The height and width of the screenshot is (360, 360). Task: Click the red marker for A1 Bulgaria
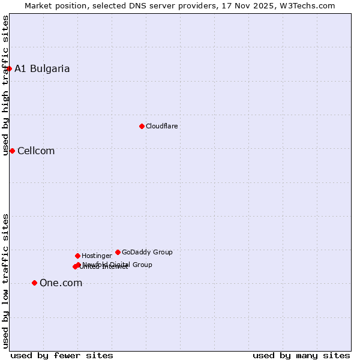(9, 68)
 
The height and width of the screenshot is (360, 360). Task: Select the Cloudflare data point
(142, 126)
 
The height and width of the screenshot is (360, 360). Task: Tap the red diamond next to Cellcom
(12, 151)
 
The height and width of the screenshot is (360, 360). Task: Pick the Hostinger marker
(77, 256)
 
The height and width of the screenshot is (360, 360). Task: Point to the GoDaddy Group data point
(118, 252)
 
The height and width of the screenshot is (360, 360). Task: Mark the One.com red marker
(34, 283)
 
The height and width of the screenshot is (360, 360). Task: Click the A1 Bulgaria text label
(42, 68)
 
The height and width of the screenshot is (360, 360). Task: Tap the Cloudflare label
(162, 126)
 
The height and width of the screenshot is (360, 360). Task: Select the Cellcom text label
(36, 151)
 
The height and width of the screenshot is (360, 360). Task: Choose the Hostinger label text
(97, 256)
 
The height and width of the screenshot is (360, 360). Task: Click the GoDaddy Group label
(147, 252)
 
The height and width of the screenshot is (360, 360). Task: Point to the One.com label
(61, 283)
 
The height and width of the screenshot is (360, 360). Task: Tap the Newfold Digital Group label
(118, 264)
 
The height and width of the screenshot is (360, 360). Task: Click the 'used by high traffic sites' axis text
(6, 85)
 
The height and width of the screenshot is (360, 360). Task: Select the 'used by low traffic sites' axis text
(6, 281)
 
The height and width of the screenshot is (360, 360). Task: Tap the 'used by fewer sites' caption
(62, 355)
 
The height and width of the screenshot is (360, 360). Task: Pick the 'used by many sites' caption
(301, 355)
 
